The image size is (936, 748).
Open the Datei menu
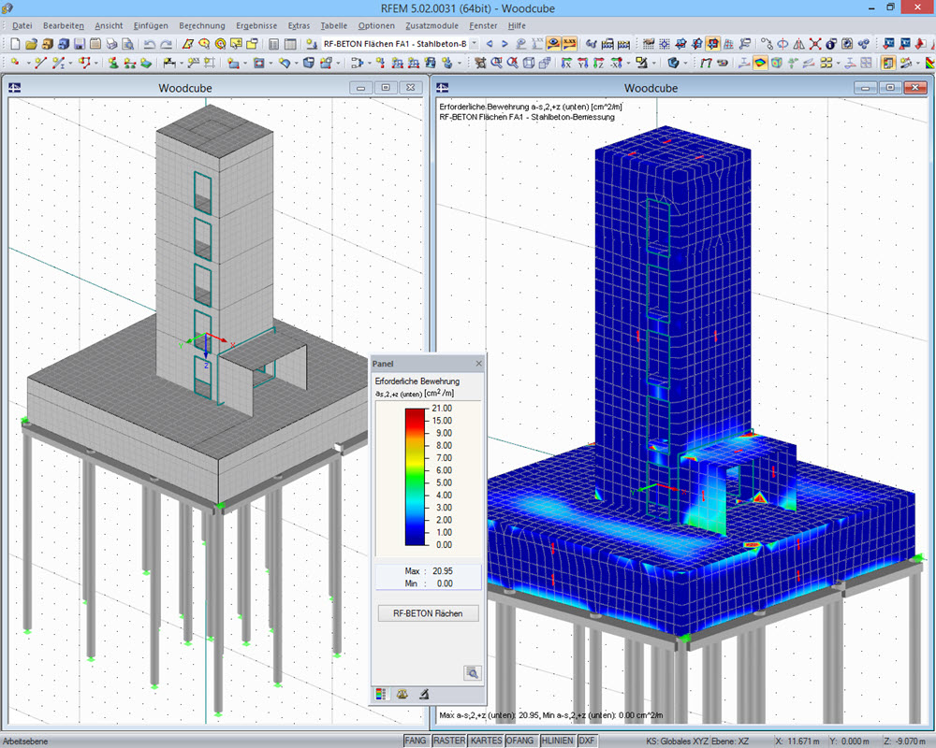pyautogui.click(x=22, y=25)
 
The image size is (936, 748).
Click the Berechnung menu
pyautogui.click(x=201, y=25)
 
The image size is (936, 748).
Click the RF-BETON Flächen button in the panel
pyautogui.click(x=428, y=613)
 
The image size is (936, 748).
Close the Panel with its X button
pyautogui.click(x=479, y=363)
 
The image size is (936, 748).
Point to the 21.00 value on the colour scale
pyautogui.click(x=441, y=409)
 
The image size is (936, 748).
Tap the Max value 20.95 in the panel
pyautogui.click(x=443, y=570)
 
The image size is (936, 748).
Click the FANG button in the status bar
pyautogui.click(x=417, y=741)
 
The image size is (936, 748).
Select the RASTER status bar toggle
pyautogui.click(x=449, y=741)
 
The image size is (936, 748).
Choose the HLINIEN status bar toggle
pyautogui.click(x=556, y=741)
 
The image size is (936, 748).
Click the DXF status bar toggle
pyautogui.click(x=587, y=741)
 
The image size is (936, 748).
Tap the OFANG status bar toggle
pyautogui.click(x=519, y=741)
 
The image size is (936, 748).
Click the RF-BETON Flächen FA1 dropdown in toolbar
pyautogui.click(x=394, y=44)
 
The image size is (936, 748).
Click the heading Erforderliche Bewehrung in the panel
pyautogui.click(x=417, y=381)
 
